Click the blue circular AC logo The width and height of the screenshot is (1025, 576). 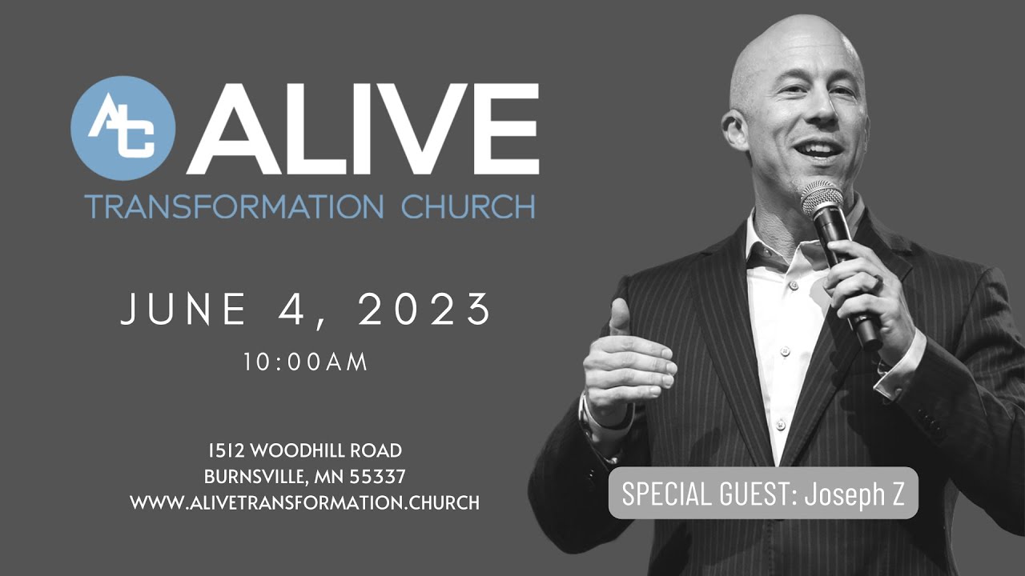(x=123, y=128)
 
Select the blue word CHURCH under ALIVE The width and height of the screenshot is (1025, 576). (x=468, y=206)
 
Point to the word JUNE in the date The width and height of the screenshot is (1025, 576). (x=183, y=310)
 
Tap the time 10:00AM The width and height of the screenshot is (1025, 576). (x=306, y=362)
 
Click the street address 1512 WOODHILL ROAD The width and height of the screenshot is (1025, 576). (x=304, y=450)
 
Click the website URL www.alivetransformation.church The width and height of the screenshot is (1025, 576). (x=304, y=503)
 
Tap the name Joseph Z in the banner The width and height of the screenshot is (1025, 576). (x=854, y=494)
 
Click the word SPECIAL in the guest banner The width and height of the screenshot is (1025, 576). (x=662, y=494)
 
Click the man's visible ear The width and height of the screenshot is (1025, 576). (x=735, y=128)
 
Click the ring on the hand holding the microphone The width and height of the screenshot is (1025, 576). (x=878, y=282)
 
